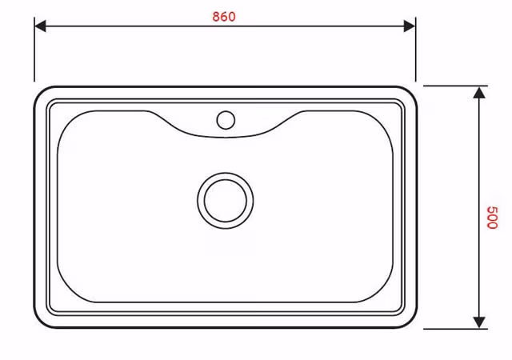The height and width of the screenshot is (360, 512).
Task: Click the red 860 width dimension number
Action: [224, 17]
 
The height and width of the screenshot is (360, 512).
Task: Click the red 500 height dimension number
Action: [492, 218]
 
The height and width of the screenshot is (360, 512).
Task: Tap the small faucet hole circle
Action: [226, 120]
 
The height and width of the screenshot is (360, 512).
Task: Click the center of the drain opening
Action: [226, 201]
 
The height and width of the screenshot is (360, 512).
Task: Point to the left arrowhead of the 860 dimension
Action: [40, 26]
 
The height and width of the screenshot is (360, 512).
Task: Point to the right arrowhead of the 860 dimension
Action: [410, 26]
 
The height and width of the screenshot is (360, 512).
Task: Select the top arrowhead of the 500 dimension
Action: [479, 93]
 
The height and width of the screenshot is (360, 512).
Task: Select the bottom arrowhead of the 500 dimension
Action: [479, 322]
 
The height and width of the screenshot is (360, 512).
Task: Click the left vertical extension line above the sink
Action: [34, 49]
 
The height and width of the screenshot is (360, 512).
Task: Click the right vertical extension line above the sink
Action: [415, 49]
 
